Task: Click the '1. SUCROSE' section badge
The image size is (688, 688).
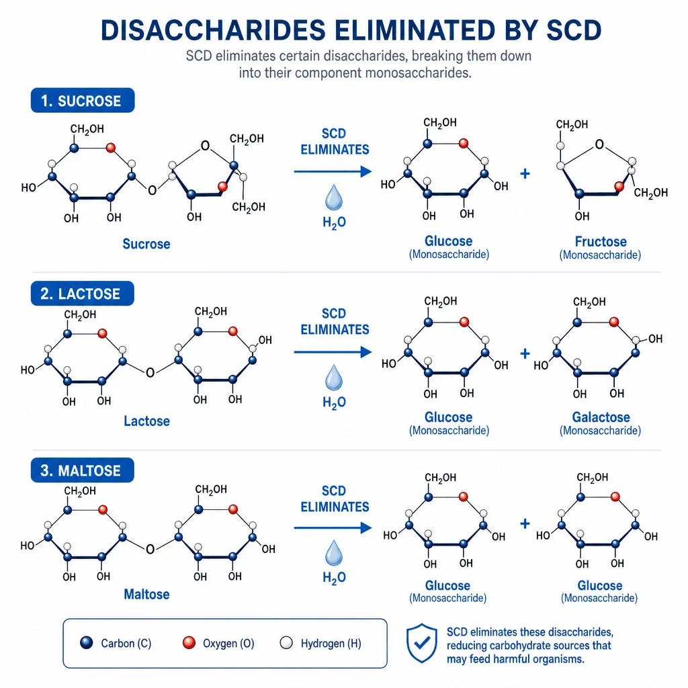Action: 83,101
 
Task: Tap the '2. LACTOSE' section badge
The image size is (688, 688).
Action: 83,294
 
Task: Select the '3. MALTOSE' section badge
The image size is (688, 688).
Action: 83,470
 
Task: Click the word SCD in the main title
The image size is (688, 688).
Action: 574,30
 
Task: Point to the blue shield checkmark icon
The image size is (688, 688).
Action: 422,643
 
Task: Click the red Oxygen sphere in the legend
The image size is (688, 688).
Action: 189,643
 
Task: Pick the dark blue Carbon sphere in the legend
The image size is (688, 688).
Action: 87,643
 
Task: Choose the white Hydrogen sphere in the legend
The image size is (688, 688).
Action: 286,643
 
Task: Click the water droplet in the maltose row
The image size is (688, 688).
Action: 334,553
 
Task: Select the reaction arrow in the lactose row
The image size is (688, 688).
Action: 333,352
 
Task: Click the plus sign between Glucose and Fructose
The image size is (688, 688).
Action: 525,174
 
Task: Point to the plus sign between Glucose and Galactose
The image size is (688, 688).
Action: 525,353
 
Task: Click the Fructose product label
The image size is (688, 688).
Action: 601,241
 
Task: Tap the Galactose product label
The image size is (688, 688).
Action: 601,417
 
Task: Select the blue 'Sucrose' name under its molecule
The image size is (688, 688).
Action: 146,244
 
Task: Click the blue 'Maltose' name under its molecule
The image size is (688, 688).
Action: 146,594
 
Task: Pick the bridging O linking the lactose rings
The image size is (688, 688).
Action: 150,373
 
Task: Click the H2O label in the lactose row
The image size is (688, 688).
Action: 335,402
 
